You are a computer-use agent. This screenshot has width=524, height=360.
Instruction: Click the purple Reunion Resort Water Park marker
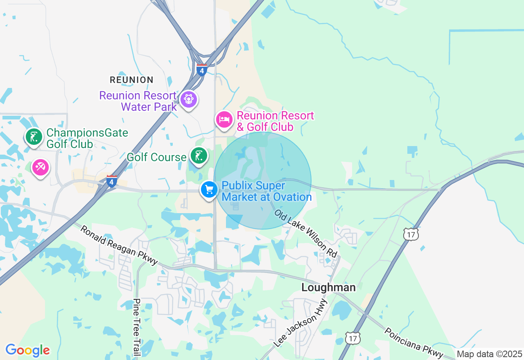(189, 99)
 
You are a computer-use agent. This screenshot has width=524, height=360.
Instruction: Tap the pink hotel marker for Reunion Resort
(224, 119)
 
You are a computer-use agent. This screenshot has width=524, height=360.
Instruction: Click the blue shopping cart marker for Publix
(209, 190)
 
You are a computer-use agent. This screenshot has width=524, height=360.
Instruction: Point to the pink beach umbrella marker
(41, 167)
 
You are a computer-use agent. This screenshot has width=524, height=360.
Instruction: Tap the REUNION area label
(131, 80)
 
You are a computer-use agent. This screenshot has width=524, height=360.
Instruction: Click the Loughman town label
(328, 287)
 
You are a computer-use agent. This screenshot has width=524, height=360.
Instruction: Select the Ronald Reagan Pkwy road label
(119, 245)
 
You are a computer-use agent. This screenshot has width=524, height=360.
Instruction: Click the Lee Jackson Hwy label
(301, 323)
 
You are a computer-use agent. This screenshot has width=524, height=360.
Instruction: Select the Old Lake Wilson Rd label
(306, 234)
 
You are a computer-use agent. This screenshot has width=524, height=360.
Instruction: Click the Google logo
(27, 350)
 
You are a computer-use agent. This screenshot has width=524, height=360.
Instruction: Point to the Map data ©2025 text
(489, 354)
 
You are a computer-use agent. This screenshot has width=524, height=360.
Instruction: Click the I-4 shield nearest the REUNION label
(201, 70)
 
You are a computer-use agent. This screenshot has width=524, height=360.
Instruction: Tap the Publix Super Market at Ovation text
(267, 191)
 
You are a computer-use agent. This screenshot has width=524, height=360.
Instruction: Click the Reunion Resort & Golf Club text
(275, 121)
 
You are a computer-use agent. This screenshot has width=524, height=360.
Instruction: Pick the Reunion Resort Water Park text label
(138, 101)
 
